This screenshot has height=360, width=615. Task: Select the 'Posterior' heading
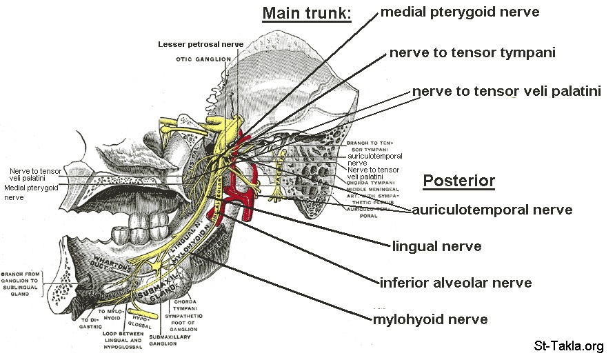458,181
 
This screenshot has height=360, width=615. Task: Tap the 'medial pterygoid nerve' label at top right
459,11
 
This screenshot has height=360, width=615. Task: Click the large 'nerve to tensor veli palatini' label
507,91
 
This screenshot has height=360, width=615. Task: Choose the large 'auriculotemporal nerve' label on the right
492,210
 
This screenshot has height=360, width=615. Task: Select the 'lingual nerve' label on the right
436,246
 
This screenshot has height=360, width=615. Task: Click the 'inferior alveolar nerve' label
456,283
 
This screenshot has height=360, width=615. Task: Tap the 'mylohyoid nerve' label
430,319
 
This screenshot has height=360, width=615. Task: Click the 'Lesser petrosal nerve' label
201,44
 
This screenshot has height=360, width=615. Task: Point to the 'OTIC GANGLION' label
203,59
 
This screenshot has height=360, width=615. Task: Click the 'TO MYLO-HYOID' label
110,316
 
